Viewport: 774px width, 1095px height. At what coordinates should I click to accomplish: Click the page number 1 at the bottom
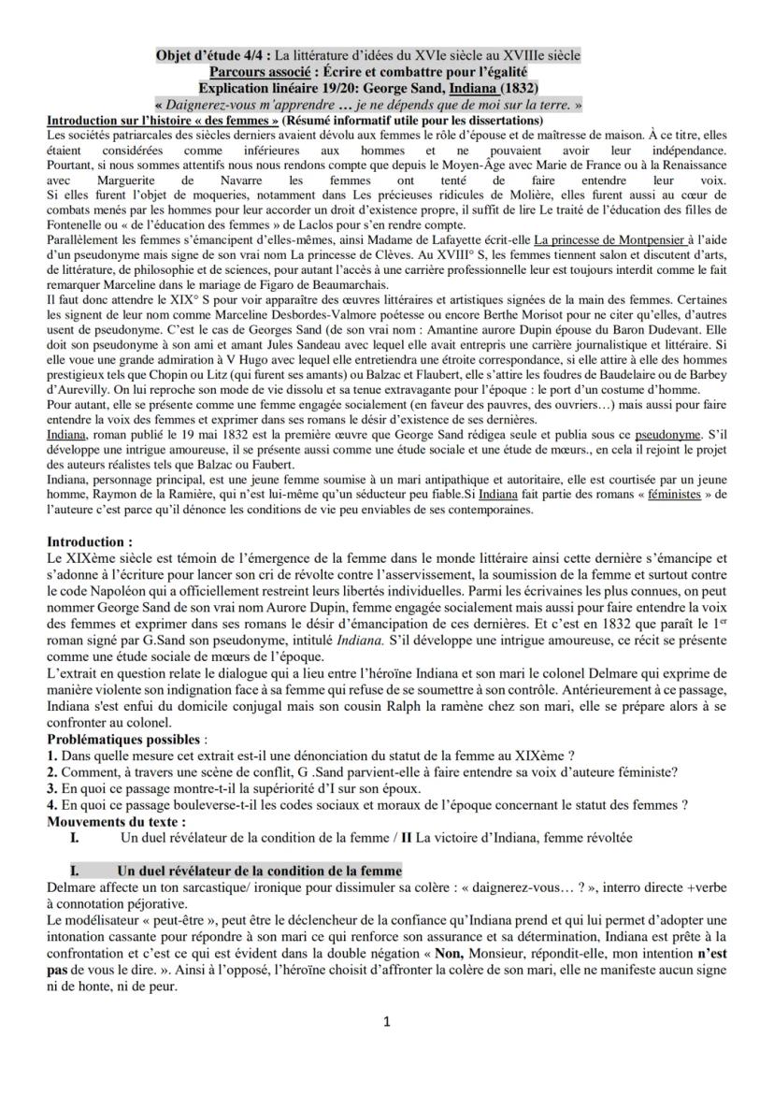point(387,1020)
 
